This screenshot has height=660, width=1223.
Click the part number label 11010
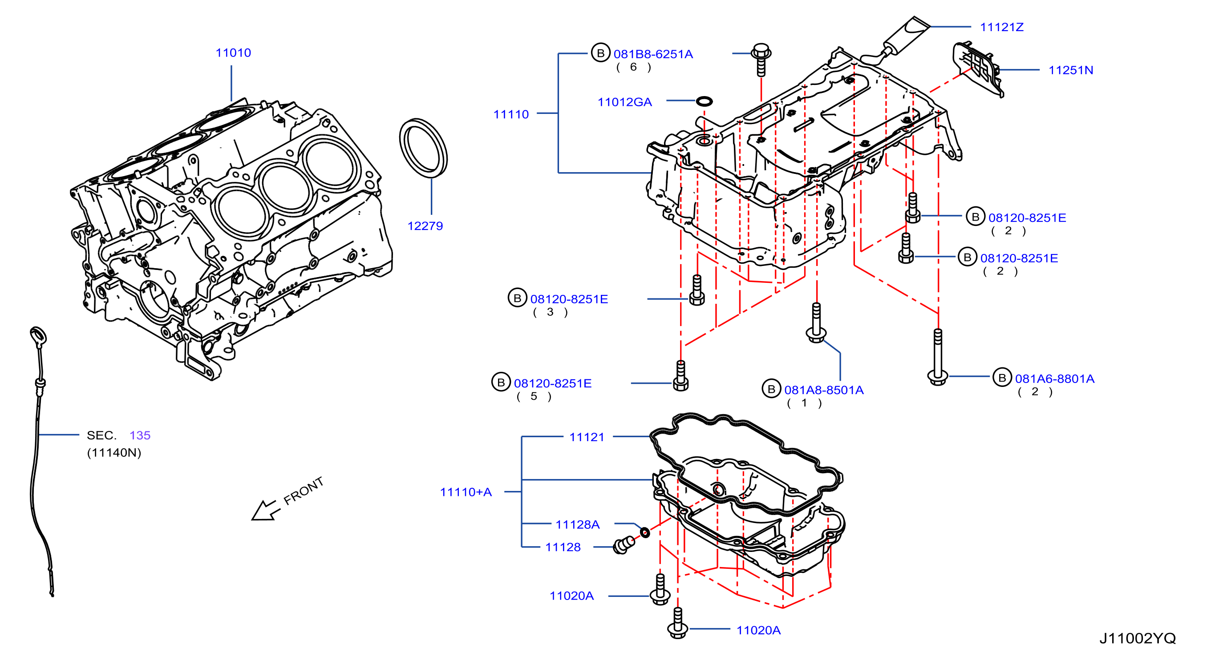[x=233, y=52]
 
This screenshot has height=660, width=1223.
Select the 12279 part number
[x=425, y=226]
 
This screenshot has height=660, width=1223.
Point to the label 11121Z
[x=1002, y=27]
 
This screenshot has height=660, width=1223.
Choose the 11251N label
[x=1071, y=70]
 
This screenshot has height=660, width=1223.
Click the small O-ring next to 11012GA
[x=704, y=101]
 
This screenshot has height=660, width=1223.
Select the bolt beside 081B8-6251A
[x=761, y=60]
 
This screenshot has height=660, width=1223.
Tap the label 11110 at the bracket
[x=511, y=114]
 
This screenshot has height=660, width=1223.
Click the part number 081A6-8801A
[x=1054, y=378]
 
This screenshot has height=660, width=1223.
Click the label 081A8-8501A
[x=824, y=390]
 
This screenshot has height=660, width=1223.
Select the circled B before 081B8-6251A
[x=600, y=53]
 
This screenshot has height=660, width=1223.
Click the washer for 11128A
[x=645, y=532]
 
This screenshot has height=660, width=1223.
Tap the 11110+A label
[x=466, y=492]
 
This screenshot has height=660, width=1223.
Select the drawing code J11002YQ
[x=1138, y=638]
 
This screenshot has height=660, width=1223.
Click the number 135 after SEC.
[x=140, y=435]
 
